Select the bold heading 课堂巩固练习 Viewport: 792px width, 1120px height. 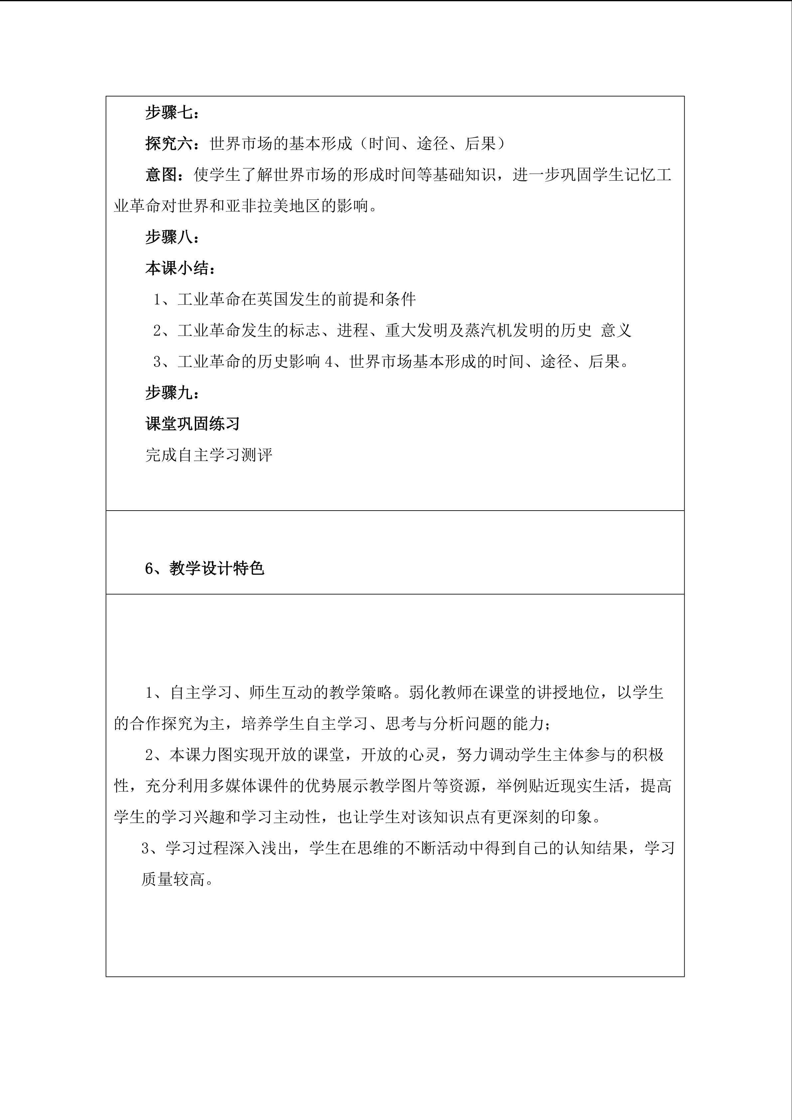click(193, 424)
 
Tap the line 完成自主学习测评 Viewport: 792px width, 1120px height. click(209, 455)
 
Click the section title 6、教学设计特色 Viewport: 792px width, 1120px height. click(204, 568)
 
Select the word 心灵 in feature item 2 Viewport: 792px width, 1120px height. click(424, 755)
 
